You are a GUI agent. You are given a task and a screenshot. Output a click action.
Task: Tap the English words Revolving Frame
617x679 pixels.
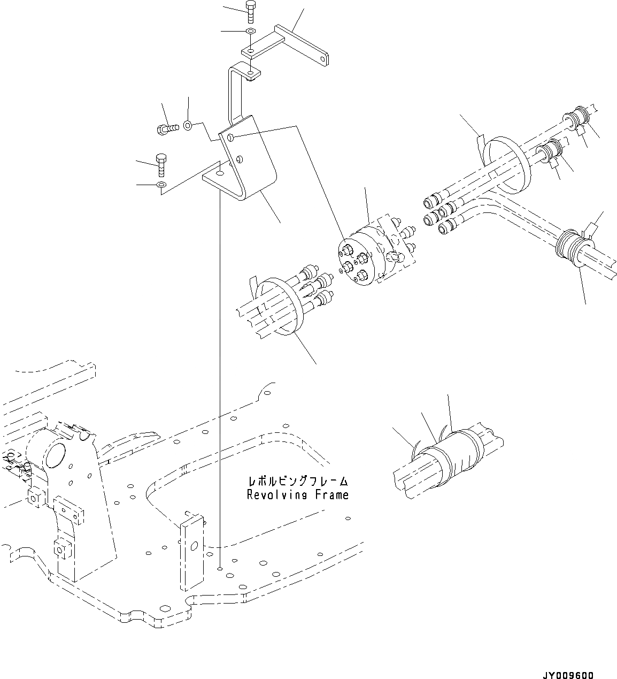[x=297, y=495]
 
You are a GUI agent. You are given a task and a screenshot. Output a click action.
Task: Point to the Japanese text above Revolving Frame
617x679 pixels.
[x=297, y=481]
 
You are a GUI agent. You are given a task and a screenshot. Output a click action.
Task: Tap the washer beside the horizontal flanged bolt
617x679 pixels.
[x=188, y=126]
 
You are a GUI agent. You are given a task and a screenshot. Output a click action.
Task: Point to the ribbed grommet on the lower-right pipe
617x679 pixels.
[x=573, y=249]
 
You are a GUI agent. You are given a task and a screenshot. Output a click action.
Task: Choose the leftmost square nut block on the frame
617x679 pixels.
[x=36, y=498]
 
